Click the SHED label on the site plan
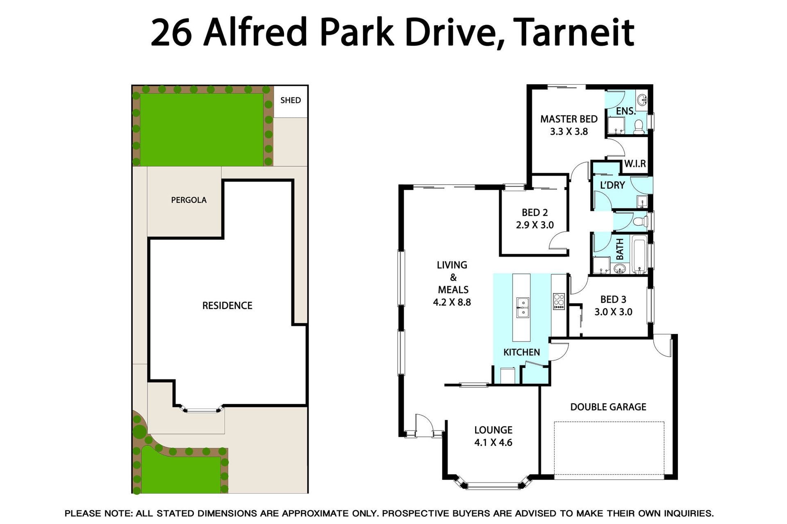[290, 100]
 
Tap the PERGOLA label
[189, 200]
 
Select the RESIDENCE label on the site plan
[227, 305]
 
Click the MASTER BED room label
[569, 119]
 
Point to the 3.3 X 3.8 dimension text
[569, 132]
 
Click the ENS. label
[626, 111]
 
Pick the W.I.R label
[635, 164]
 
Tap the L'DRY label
[612, 185]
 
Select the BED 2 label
[535, 212]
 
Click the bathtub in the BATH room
[639, 254]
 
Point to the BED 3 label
[613, 299]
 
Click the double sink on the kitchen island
[522, 307]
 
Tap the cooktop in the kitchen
[559, 301]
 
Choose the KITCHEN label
[521, 352]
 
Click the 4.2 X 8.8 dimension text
[452, 303]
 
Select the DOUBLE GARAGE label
[608, 407]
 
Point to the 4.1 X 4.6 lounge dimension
[493, 443]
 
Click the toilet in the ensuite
[639, 126]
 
